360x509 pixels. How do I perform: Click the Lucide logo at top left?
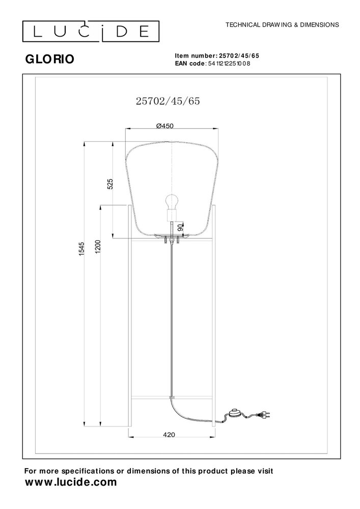pyautogui.click(x=90, y=32)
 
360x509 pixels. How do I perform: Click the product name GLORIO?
pyautogui.click(x=49, y=59)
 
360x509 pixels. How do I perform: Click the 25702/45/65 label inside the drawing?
pyautogui.click(x=168, y=101)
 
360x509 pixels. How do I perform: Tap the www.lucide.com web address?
pyautogui.click(x=71, y=481)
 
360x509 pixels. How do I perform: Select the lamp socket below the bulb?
pyautogui.click(x=172, y=217)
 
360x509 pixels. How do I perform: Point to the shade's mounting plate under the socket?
pyautogui.click(x=172, y=236)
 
